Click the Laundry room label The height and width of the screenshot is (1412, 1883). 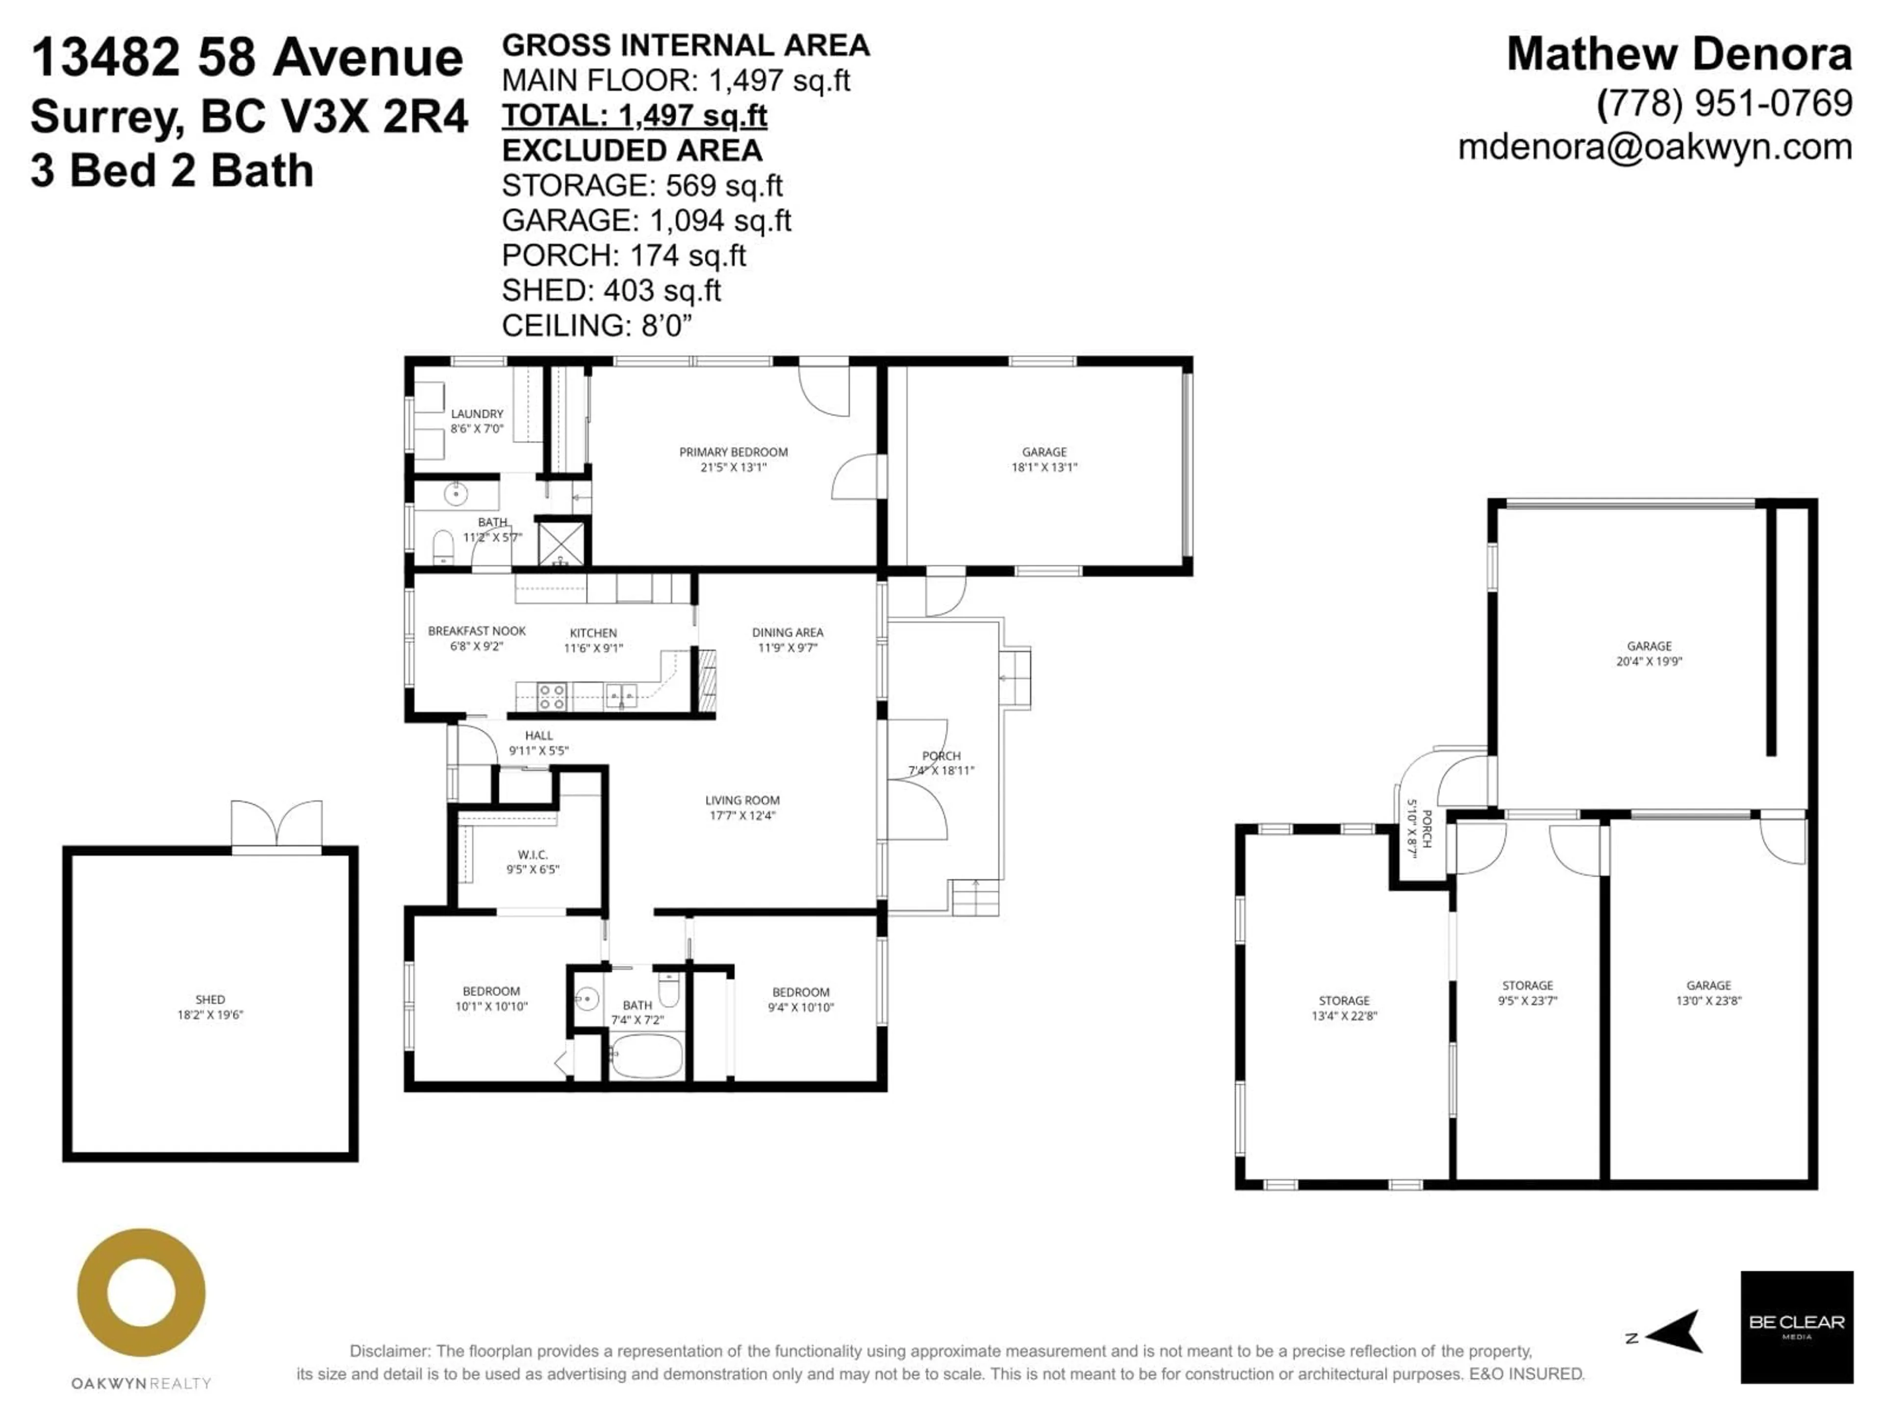coord(477,414)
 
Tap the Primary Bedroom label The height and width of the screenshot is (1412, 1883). coord(733,452)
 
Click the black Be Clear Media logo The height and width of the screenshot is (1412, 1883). coord(1796,1327)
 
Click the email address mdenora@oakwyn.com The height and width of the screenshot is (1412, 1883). coord(1655,147)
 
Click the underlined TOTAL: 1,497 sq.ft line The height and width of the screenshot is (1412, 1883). coord(634,116)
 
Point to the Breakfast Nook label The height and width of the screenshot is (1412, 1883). coord(477,630)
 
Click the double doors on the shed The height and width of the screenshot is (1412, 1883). coord(277,823)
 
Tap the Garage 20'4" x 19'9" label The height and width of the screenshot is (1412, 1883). coord(1649,646)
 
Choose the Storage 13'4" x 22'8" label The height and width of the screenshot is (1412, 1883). coord(1344,1001)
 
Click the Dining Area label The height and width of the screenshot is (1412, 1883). coord(788,632)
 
